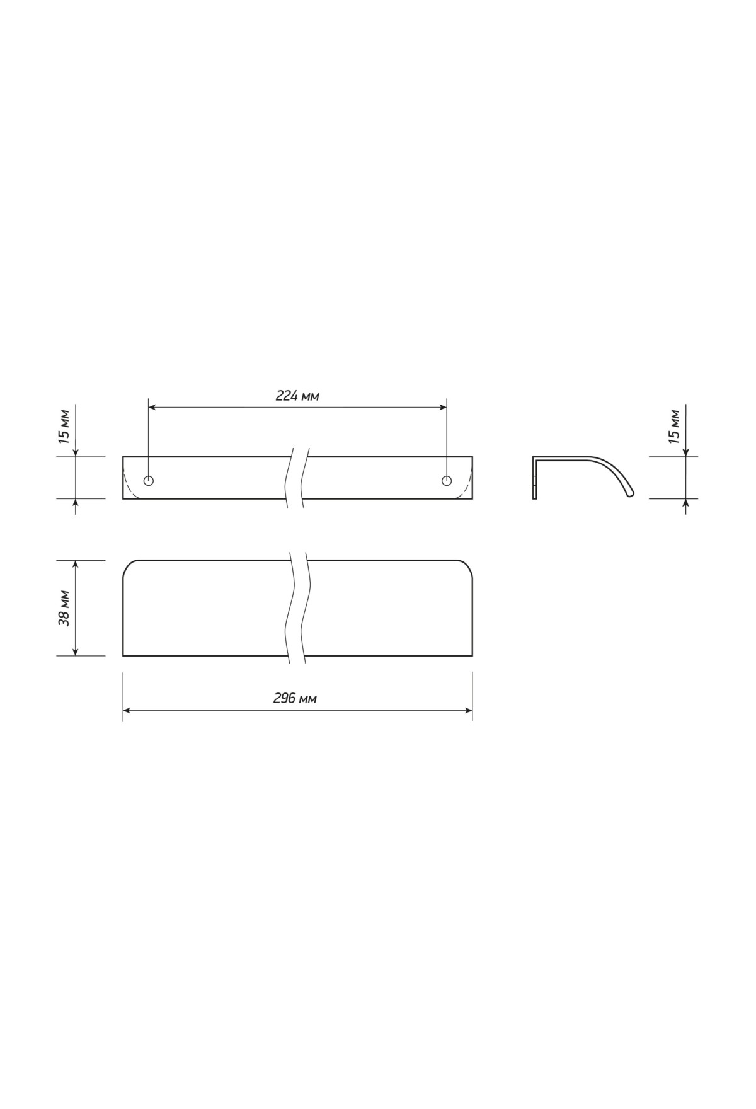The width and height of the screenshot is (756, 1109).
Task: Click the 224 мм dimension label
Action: coord(297,396)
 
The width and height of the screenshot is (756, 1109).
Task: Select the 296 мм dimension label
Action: coord(295,699)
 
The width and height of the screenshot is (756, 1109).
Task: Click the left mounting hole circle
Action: coord(149,481)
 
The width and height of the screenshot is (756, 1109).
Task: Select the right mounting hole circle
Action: coord(447,481)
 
